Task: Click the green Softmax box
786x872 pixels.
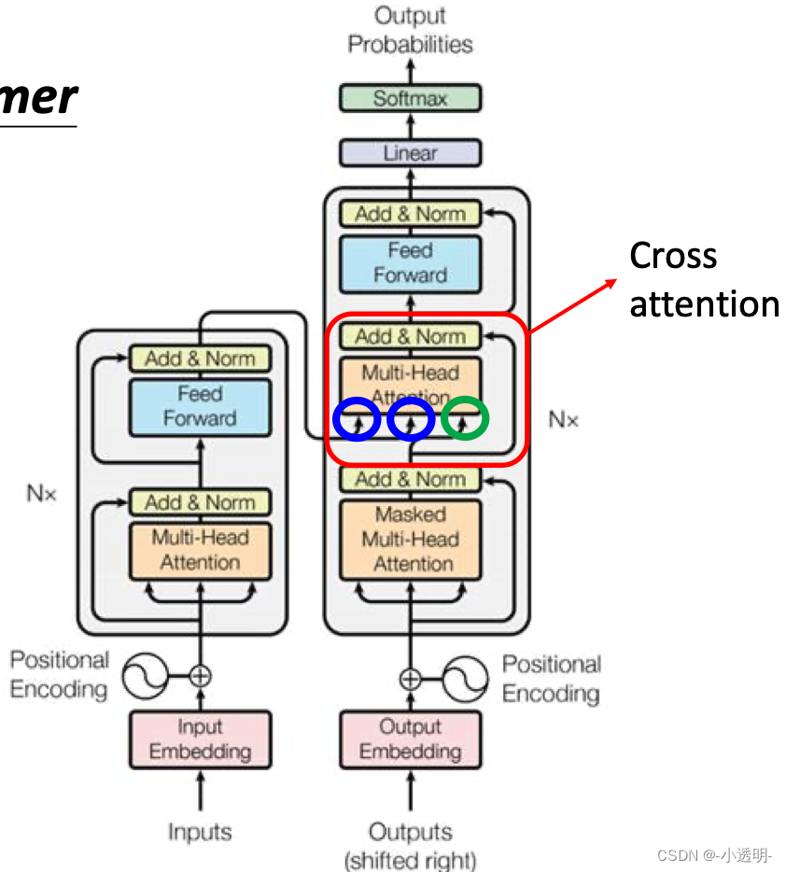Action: pos(410,98)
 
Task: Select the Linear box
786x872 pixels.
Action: pos(410,153)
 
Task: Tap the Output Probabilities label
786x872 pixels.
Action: pos(410,30)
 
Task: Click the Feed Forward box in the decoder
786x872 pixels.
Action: pos(410,262)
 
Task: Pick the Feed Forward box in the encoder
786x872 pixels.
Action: pos(200,406)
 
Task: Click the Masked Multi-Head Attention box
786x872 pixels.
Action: pos(410,539)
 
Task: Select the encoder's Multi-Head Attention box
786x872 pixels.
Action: pos(200,550)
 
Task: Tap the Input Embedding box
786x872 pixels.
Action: pos(200,738)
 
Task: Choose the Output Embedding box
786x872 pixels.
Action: pos(410,738)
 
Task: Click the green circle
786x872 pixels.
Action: pos(464,419)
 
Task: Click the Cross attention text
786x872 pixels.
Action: pos(703,280)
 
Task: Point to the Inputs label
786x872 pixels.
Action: pos(199,832)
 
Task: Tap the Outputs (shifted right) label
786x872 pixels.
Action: pos(410,845)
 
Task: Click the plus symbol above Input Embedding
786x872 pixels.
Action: pos(200,675)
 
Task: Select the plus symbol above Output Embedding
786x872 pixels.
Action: pos(410,678)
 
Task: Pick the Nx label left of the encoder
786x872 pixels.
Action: pos(41,494)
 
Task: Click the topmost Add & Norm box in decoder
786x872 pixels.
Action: pos(410,214)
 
